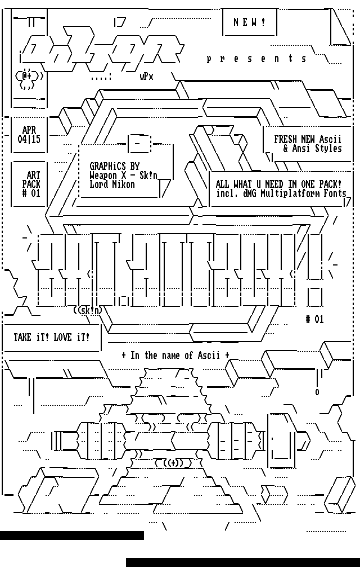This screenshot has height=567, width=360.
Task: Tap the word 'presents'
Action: coord(257,58)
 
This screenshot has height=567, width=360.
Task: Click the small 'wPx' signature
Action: coord(146,77)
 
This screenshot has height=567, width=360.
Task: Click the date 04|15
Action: coord(29,139)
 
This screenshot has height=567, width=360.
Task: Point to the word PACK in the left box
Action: coord(31,184)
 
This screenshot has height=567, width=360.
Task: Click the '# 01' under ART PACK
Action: coord(31,193)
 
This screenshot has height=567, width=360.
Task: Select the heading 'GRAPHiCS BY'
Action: coord(114,166)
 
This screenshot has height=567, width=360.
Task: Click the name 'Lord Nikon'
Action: coord(112,184)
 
